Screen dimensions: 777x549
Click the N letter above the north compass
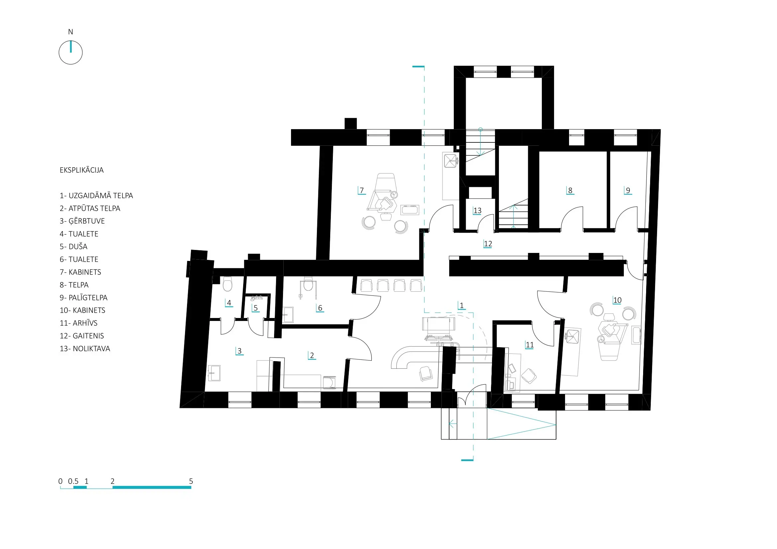(x=70, y=32)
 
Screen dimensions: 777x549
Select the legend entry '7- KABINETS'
(x=80, y=272)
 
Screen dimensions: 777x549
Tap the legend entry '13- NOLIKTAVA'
(x=85, y=349)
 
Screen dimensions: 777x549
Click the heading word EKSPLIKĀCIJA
(x=82, y=170)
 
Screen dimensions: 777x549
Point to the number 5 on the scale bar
(x=191, y=481)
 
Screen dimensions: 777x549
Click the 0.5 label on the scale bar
(x=73, y=481)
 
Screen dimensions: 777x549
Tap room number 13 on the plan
(x=477, y=211)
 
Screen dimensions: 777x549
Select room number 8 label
(x=570, y=190)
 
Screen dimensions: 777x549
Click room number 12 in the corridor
(x=488, y=244)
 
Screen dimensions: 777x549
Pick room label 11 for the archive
(x=530, y=345)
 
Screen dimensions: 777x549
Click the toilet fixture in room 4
(x=228, y=284)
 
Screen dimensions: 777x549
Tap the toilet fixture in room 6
(x=308, y=284)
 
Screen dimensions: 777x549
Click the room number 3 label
(x=240, y=351)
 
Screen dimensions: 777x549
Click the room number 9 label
(x=628, y=190)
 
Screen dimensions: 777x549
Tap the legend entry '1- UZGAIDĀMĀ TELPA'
(x=96, y=196)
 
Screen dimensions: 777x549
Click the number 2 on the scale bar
(x=113, y=481)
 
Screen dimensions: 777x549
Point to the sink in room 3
(x=214, y=373)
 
